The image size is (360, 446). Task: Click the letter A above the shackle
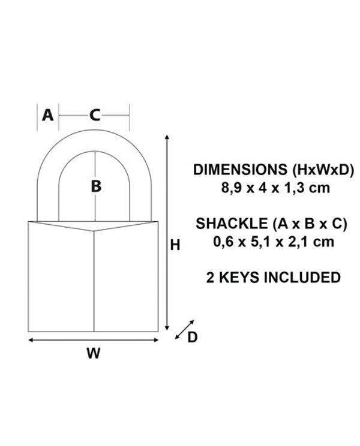[47, 115]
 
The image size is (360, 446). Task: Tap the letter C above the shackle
[94, 116]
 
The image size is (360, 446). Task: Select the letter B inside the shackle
[96, 186]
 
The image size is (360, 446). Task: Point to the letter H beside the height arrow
[175, 245]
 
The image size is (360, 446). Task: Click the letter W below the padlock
[94, 353]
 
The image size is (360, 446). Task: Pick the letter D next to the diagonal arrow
[193, 337]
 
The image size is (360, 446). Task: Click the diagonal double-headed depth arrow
[184, 329]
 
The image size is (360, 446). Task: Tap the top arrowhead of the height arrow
[167, 137]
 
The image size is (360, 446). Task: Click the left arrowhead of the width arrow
[31, 340]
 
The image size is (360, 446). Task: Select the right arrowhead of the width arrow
[155, 340]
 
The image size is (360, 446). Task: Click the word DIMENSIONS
[240, 170]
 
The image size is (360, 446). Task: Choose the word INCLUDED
[302, 278]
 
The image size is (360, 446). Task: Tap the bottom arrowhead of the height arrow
[167, 328]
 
